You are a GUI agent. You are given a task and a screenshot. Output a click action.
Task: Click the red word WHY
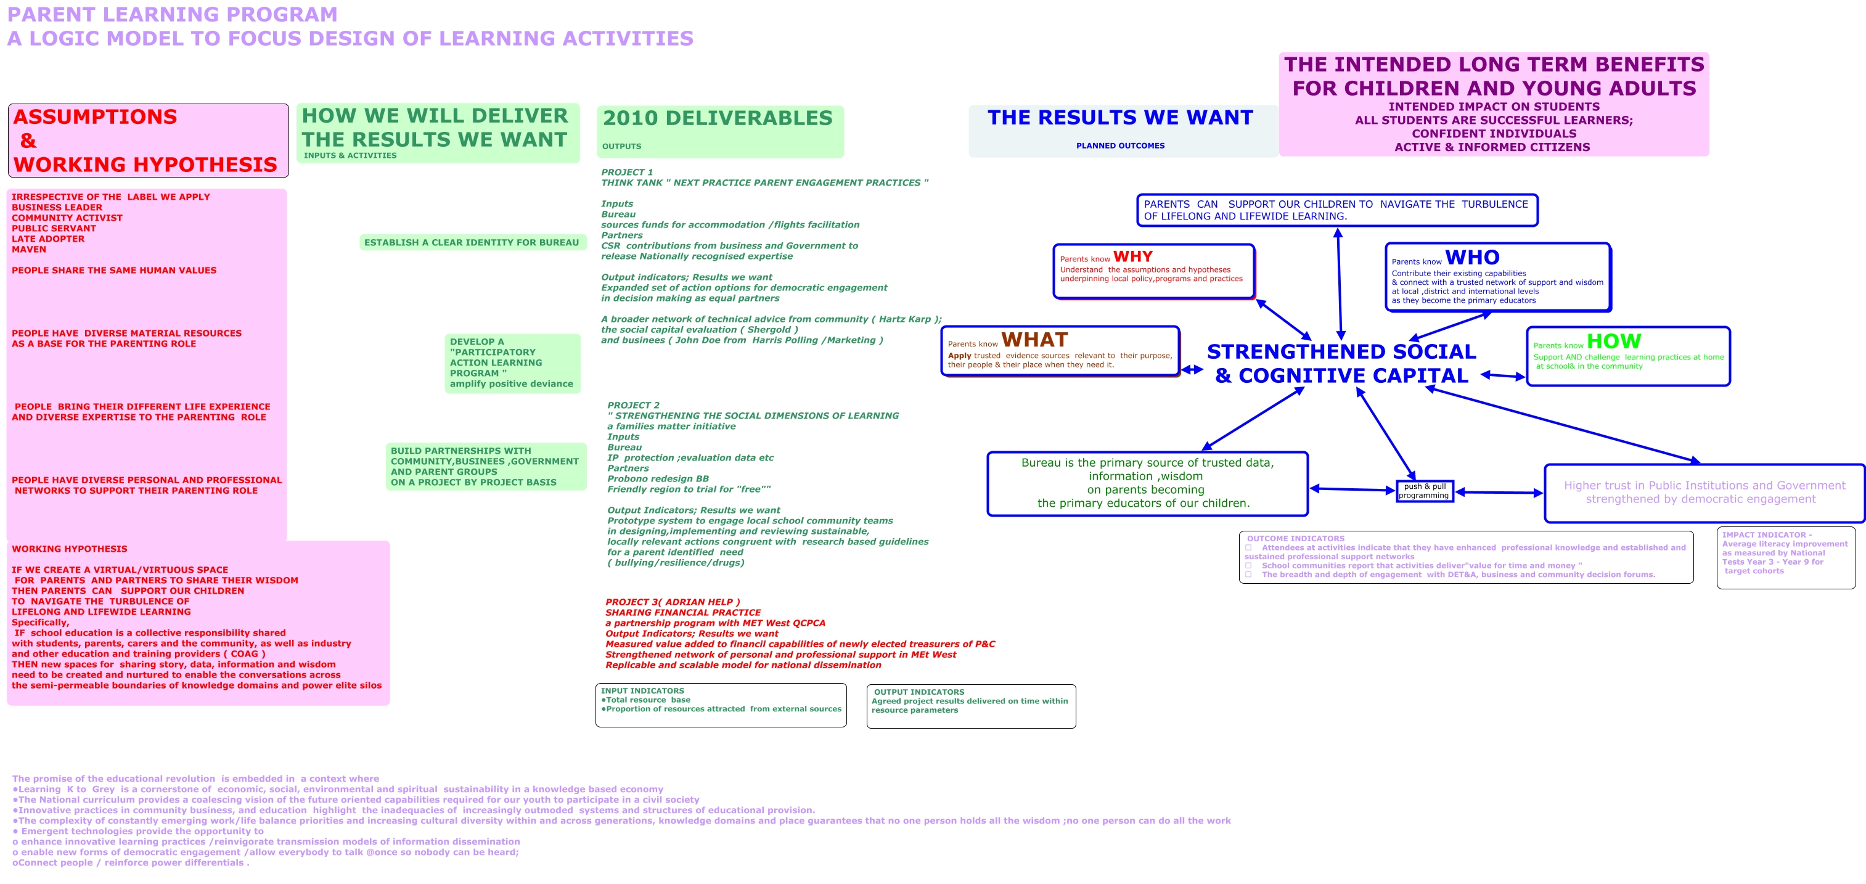click(x=1132, y=256)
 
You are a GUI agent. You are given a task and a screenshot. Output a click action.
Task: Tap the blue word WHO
click(x=1472, y=257)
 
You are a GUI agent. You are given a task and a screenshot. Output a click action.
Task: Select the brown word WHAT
click(x=1034, y=340)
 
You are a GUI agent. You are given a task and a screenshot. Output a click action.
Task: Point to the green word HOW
click(x=1613, y=342)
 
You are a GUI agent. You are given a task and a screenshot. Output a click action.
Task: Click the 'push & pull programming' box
click(x=1424, y=491)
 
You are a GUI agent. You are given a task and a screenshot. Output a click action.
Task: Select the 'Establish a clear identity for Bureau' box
click(x=472, y=243)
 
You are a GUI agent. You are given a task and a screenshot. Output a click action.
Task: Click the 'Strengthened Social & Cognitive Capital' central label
click(x=1341, y=364)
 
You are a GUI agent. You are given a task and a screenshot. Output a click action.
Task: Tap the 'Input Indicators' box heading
click(x=642, y=690)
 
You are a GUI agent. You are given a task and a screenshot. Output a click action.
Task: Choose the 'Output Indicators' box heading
click(x=919, y=692)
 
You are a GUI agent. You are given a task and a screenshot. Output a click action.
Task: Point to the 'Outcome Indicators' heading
click(x=1295, y=538)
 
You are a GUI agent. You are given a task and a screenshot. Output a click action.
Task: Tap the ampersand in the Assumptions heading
click(x=28, y=141)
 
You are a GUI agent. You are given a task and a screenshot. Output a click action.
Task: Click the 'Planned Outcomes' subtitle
click(x=1120, y=145)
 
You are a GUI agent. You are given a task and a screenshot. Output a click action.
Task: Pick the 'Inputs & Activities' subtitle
click(x=350, y=155)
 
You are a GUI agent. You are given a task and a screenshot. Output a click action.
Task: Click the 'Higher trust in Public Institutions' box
click(x=1704, y=492)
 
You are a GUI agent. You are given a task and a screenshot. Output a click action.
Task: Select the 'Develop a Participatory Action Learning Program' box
click(x=512, y=363)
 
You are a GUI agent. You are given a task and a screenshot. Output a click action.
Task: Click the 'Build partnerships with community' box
click(x=485, y=467)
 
